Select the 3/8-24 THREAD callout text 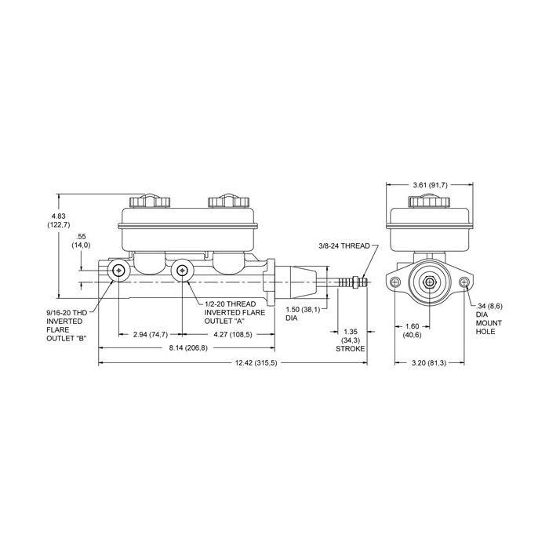tap(344, 245)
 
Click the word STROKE tap(350, 349)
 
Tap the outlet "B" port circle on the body tap(119, 271)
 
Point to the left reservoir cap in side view tap(150, 201)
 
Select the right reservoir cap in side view tap(228, 201)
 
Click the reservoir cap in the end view tap(429, 201)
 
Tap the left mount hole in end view tap(395, 282)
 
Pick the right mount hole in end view tap(464, 282)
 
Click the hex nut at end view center tap(429, 282)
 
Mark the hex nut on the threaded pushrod tap(356, 282)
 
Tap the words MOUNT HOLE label tap(489, 327)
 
